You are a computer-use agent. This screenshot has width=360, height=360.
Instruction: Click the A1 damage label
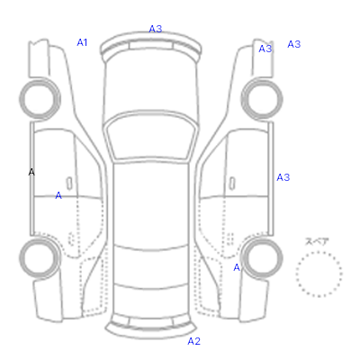point(82,42)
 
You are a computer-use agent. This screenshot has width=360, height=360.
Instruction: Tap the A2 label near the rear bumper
point(193,341)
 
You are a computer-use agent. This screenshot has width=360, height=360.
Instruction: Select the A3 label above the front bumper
point(156,29)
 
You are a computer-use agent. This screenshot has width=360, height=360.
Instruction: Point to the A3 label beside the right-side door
point(283,177)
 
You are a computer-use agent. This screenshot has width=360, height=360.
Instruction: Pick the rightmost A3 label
point(294,44)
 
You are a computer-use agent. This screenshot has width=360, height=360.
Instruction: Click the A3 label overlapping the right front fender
point(265,49)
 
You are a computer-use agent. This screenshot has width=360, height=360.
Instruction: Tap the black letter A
point(31,172)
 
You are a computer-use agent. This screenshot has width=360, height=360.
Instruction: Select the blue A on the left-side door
point(58,195)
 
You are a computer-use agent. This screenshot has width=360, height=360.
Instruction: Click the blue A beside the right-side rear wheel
point(237,267)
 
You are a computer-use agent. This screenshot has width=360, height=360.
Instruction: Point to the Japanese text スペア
point(317,241)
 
